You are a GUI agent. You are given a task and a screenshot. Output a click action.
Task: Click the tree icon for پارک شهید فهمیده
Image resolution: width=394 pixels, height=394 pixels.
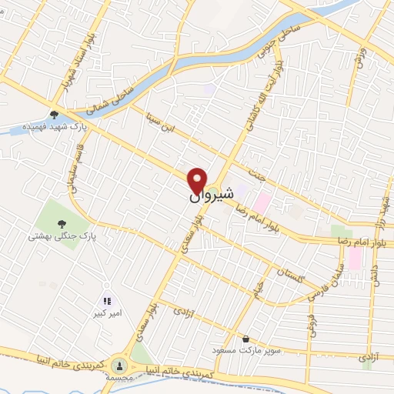click(54, 115)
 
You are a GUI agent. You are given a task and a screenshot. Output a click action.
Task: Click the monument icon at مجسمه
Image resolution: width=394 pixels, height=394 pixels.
click(119, 365)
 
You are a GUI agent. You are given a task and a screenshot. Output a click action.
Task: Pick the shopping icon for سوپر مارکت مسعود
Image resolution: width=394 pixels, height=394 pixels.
click(245, 339)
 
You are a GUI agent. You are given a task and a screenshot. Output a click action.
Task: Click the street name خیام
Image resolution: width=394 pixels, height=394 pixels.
click(258, 290)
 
